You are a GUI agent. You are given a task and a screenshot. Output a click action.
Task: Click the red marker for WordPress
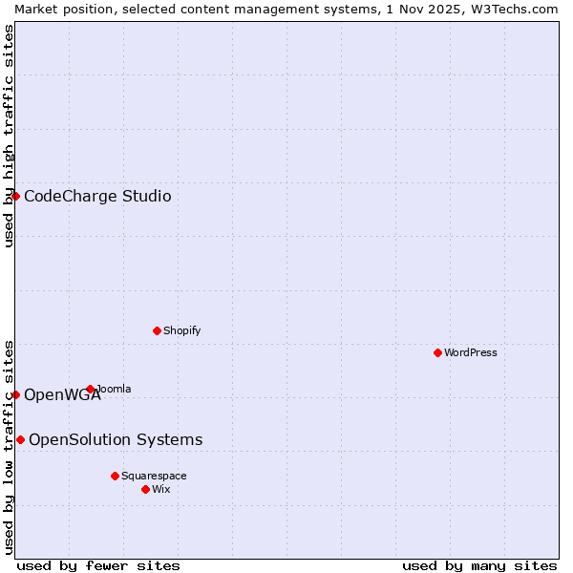click(437, 352)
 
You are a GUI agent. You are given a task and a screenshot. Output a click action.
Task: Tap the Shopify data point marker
click(157, 330)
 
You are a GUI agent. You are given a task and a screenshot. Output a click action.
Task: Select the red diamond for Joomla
click(91, 389)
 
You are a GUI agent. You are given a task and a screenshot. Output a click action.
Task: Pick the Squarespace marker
click(115, 476)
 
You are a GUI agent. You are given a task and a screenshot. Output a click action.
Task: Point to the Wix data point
click(145, 489)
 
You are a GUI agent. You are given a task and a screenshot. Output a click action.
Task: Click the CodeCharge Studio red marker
click(16, 196)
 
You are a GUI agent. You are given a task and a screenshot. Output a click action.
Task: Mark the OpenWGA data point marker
click(16, 394)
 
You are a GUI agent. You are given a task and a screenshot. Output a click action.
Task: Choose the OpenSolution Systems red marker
click(21, 439)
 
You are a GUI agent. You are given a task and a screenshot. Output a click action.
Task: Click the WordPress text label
click(471, 352)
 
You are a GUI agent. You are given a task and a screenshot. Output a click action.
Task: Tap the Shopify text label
click(182, 330)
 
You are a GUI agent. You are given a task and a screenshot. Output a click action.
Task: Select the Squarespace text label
click(154, 476)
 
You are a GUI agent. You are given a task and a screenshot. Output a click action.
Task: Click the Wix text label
click(161, 489)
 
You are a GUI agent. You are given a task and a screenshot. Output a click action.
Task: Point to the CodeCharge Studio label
click(97, 196)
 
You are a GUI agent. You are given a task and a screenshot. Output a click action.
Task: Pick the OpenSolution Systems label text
click(116, 439)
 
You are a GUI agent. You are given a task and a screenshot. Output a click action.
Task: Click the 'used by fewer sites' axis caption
click(98, 565)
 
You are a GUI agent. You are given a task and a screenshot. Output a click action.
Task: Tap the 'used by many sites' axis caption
click(479, 565)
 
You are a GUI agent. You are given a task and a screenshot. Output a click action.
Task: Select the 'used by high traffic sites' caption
click(9, 135)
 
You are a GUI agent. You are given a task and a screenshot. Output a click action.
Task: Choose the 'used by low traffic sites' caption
click(9, 447)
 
